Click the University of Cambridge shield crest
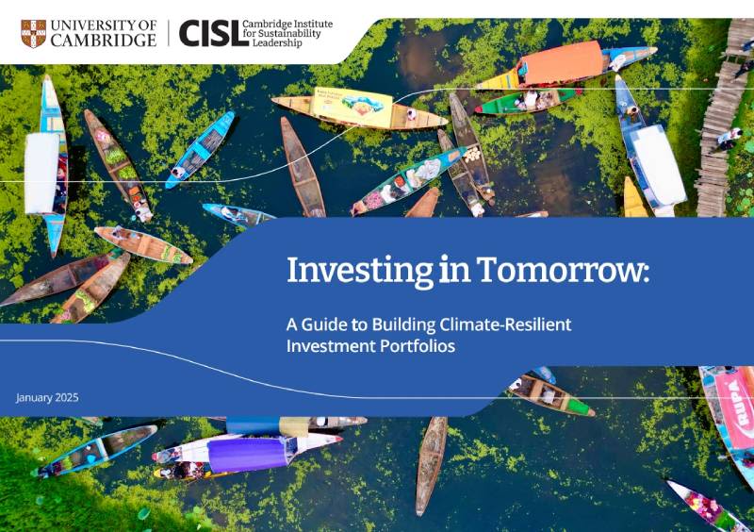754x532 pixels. click(x=33, y=33)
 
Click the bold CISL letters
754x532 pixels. click(x=208, y=33)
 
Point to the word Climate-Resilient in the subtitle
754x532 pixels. click(x=505, y=325)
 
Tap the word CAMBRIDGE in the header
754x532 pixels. click(x=105, y=41)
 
